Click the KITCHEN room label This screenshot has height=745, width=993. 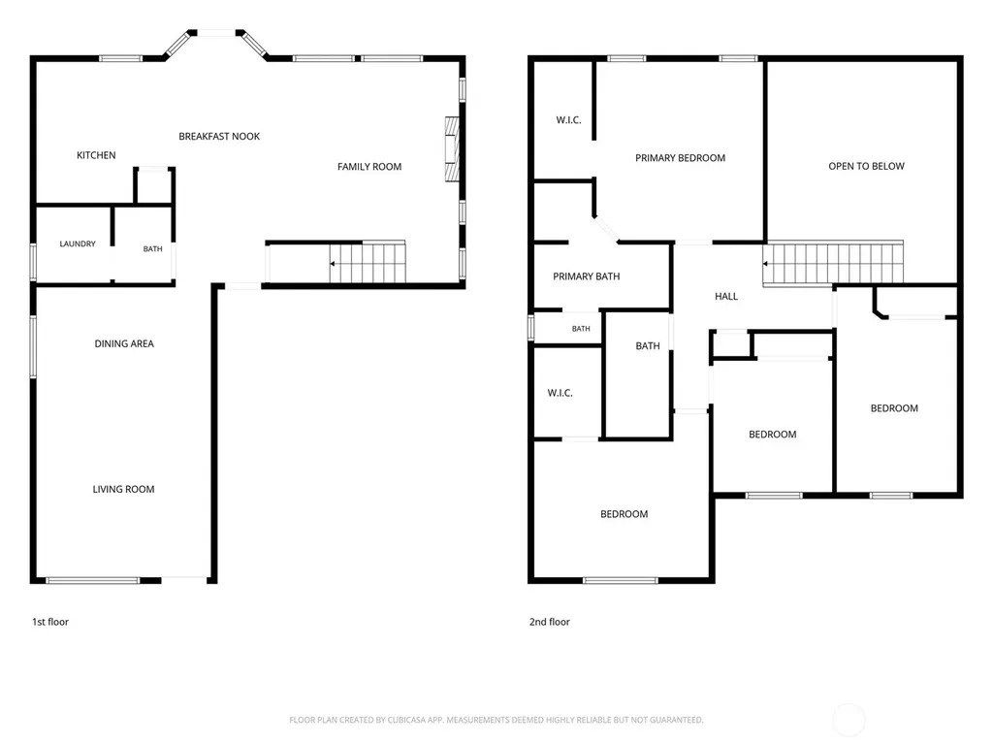tap(96, 155)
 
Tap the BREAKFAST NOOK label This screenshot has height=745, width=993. tap(219, 136)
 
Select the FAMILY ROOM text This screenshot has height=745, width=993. tap(369, 167)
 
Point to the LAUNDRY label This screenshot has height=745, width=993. tap(78, 243)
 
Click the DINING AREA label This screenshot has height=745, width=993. tap(124, 343)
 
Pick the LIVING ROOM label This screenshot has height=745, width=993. tap(123, 489)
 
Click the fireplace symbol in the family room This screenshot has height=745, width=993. tap(452, 149)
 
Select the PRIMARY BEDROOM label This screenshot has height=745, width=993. tap(680, 158)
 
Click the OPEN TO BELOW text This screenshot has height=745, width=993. tap(866, 166)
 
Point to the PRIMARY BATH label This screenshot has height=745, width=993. tap(587, 276)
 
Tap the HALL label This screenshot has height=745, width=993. tap(726, 296)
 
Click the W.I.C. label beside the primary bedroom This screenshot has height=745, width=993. tap(568, 119)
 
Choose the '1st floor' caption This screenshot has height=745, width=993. tap(50, 622)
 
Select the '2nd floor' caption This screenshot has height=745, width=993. tap(550, 622)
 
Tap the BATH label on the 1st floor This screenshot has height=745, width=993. tap(152, 249)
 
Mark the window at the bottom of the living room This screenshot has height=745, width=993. tap(92, 580)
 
